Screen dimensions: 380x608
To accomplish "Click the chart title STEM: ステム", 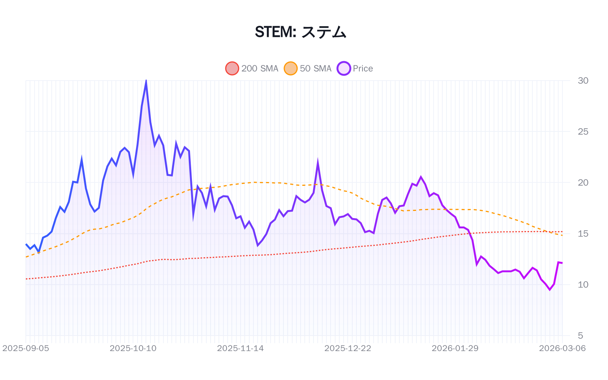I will coord(300,32).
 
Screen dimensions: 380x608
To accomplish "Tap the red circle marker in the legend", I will coord(232,68).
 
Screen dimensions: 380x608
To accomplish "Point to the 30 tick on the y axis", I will coord(583,81).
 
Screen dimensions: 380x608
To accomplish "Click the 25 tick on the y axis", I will coord(583,131).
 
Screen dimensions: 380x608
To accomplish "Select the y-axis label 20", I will coord(583,182).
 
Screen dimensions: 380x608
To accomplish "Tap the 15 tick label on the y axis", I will coord(583,234).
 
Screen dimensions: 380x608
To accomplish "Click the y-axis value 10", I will coord(583,285).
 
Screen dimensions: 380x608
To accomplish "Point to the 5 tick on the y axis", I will coord(580,336).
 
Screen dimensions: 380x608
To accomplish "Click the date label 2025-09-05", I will coord(26,348).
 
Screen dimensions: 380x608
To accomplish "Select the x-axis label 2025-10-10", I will coord(133,348).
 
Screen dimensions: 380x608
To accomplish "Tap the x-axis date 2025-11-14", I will coord(240,348).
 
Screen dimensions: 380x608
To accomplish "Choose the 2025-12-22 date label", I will coord(348,348).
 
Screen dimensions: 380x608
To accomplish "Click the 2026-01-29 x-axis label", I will coord(455,348).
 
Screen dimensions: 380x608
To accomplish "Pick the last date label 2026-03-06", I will coord(562,348).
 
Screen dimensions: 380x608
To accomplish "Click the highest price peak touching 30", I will coord(146,81).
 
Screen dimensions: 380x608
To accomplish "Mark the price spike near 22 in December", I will coord(318,163).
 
